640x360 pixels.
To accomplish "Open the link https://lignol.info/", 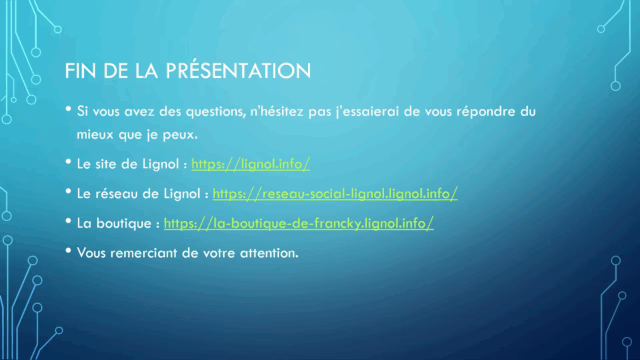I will coord(251,162).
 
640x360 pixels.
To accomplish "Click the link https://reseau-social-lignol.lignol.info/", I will coord(335,192).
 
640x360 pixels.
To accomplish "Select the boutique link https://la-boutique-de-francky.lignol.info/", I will coord(298,223).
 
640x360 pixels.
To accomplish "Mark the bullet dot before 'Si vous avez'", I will coord(68,109).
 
